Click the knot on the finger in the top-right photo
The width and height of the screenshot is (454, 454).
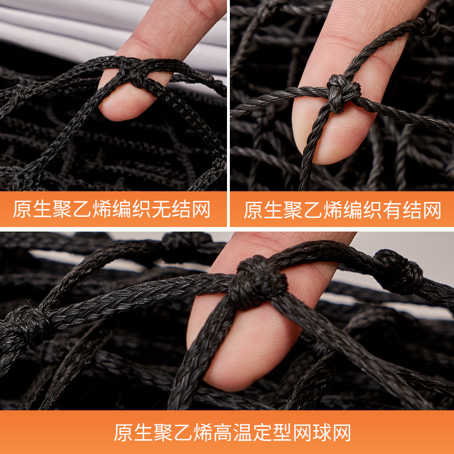343,93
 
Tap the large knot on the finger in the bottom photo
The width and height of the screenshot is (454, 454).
257,282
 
